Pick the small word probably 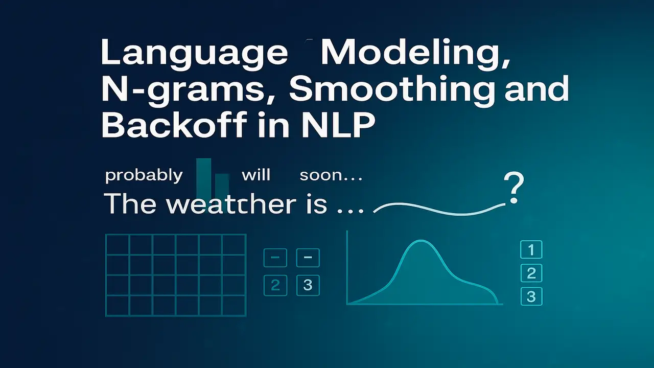coord(144,176)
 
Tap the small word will coord(255,175)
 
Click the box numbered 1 coord(531,250)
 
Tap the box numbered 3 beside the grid coord(308,285)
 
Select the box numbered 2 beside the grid coord(275,285)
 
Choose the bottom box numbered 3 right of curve coord(531,296)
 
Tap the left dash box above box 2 coord(275,258)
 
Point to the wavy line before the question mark coord(439,210)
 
